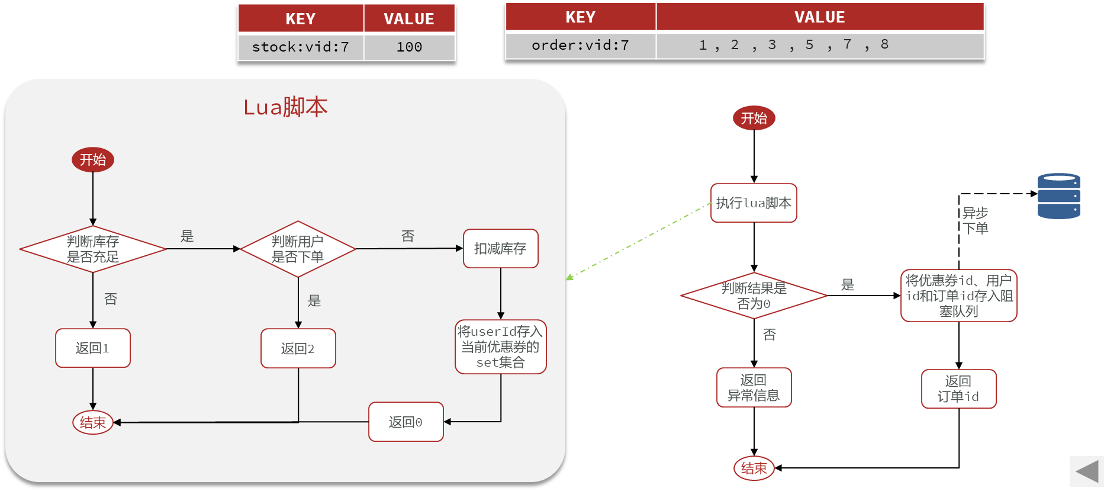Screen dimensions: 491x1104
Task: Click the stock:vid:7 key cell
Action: [300, 47]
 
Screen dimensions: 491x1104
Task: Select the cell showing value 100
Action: [409, 47]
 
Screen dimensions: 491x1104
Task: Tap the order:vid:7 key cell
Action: [580, 45]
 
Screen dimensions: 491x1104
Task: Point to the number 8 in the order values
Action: [884, 44]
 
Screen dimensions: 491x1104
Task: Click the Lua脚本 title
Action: [285, 107]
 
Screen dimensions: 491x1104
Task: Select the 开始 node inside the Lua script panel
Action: [93, 160]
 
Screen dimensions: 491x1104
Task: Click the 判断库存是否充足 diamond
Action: [93, 249]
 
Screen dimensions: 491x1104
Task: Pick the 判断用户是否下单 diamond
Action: [298, 249]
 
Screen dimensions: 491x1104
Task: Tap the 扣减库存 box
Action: [500, 249]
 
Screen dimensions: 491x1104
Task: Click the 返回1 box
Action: [93, 348]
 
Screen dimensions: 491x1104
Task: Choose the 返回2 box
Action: [298, 348]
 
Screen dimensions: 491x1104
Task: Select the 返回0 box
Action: [405, 422]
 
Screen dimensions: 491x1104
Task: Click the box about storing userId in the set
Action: [500, 347]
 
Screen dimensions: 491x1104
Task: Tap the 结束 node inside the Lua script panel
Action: [93, 422]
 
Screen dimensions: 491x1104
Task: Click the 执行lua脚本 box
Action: [754, 203]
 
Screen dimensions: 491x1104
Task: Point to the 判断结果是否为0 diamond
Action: [754, 296]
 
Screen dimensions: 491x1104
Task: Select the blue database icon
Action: [1058, 196]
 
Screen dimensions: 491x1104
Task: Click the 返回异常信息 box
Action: [754, 387]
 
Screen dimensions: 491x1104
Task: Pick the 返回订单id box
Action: [958, 389]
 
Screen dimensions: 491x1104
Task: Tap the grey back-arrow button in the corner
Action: [1087, 472]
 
